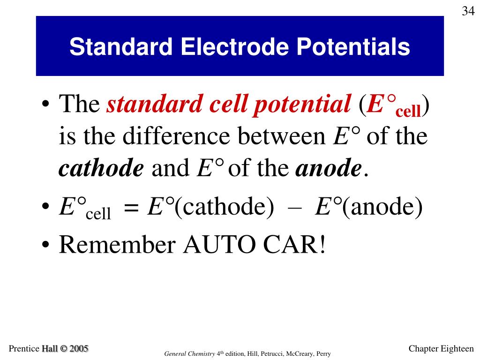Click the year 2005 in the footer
(78, 348)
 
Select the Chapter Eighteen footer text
(441, 348)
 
